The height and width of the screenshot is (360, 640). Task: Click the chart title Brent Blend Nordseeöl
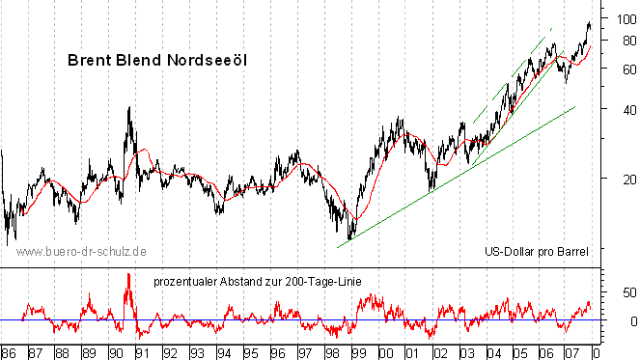coord(157,60)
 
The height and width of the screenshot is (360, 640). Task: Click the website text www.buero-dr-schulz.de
coord(82,251)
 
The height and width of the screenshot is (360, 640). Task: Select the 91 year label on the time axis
coord(141,352)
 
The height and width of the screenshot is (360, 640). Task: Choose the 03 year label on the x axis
coord(466,352)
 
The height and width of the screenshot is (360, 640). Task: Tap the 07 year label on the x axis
coord(573,352)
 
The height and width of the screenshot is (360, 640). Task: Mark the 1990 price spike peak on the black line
coord(129,106)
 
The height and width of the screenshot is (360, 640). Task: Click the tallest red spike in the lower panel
coord(127,275)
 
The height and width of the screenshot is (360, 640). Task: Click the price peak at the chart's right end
coord(589,23)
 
